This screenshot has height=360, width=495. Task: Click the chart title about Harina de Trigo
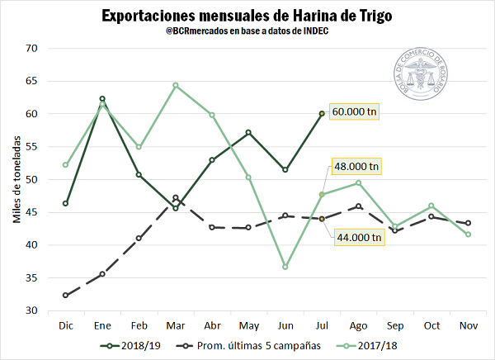(x=247, y=16)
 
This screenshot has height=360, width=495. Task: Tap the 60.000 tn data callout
(x=354, y=111)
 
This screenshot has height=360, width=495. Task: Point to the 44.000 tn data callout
(x=358, y=237)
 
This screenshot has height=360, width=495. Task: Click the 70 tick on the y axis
(x=32, y=48)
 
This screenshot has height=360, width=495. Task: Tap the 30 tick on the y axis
(x=32, y=310)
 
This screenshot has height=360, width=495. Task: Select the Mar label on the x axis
(x=176, y=325)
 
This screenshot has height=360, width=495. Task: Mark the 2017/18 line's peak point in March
(x=176, y=85)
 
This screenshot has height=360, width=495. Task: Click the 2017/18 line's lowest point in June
(x=285, y=267)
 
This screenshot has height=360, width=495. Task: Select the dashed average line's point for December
(x=65, y=295)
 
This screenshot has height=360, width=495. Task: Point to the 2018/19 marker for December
(x=65, y=203)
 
